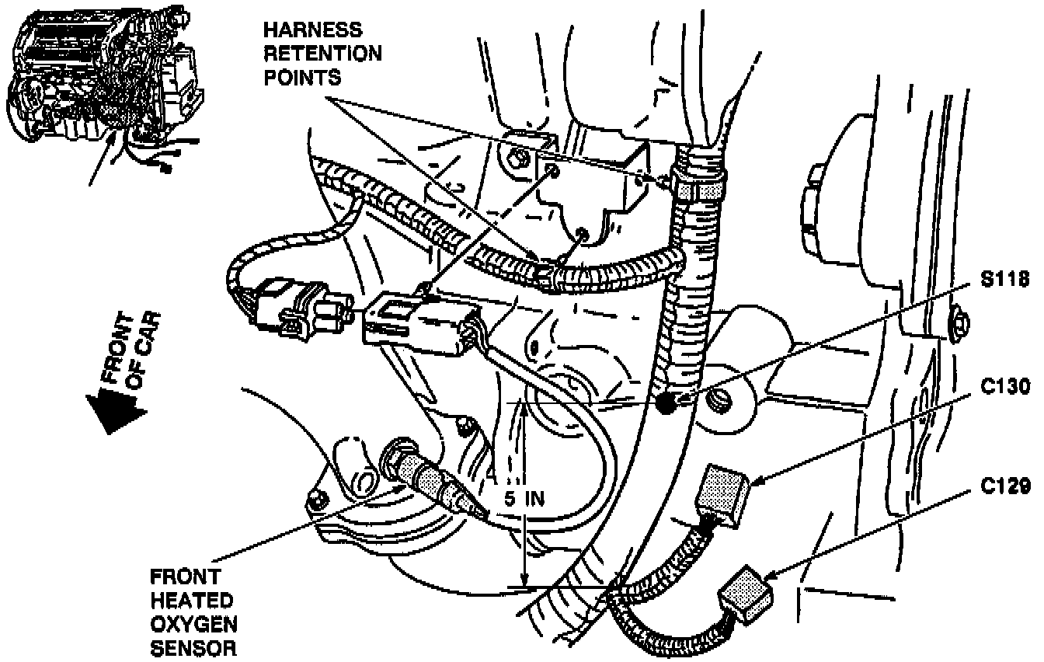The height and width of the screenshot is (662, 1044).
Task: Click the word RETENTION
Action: [322, 54]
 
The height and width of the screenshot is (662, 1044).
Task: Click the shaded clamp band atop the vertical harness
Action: [702, 187]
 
